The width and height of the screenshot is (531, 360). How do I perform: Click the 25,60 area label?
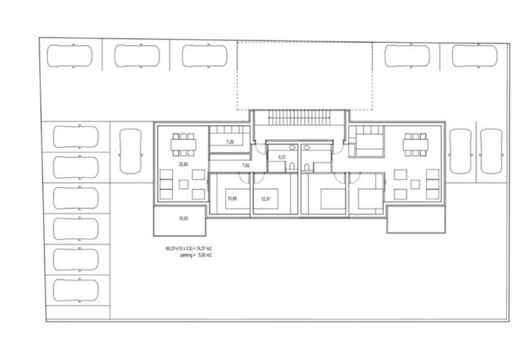click(x=183, y=164)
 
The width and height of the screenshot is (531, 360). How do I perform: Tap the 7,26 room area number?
click(x=230, y=142)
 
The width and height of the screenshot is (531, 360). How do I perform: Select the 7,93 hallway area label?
click(x=246, y=165)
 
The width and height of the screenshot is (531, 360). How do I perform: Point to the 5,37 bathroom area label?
click(x=282, y=157)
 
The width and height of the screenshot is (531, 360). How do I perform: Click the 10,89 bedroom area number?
click(x=232, y=199)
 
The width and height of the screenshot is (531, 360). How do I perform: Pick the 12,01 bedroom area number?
click(x=266, y=199)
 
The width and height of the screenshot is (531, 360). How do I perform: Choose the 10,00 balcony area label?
click(x=183, y=218)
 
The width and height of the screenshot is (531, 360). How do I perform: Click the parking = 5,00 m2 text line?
click(x=196, y=256)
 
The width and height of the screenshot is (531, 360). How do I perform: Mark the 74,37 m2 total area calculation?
click(x=189, y=249)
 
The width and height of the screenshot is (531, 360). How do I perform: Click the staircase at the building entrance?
click(x=299, y=118)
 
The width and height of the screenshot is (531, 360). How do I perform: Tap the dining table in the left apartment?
click(x=183, y=145)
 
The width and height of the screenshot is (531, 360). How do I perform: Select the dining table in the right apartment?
click(x=415, y=145)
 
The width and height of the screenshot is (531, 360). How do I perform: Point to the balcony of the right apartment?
click(x=416, y=220)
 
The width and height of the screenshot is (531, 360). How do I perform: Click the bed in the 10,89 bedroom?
click(x=238, y=199)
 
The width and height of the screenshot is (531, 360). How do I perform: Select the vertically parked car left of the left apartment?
click(x=130, y=151)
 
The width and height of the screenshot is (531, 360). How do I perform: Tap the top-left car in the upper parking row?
click(x=70, y=56)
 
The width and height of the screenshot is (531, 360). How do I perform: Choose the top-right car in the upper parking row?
click(x=475, y=55)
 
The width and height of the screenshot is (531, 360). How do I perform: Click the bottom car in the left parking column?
click(x=76, y=290)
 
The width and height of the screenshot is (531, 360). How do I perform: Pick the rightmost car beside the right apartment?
click(x=491, y=151)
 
